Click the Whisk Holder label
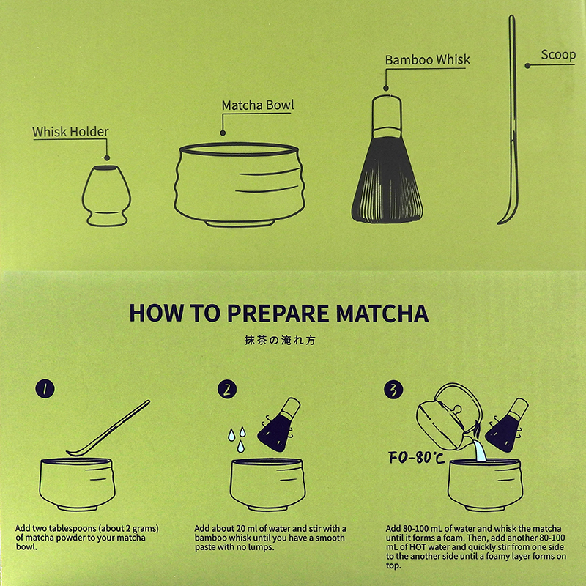70,133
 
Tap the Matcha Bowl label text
258,105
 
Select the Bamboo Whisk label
428,60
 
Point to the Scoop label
558,55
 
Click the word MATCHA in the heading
382,313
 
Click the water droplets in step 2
236,436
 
